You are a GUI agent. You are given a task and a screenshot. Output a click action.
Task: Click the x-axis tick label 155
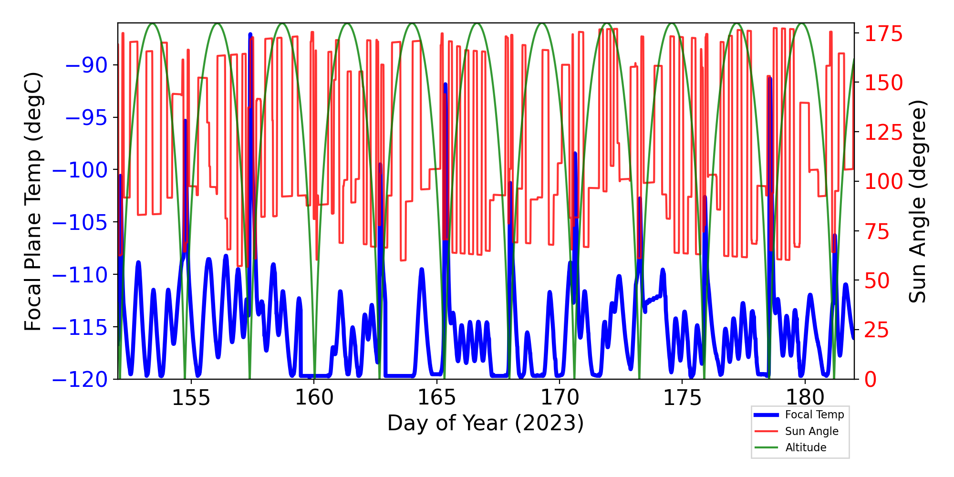[x=191, y=398]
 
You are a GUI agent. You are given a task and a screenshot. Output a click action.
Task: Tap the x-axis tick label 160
[x=313, y=398]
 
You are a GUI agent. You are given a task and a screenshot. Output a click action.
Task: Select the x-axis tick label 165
[x=436, y=398]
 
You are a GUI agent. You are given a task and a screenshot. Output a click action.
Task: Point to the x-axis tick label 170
[x=559, y=398]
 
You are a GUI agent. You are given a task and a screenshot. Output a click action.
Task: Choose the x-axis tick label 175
[x=682, y=398]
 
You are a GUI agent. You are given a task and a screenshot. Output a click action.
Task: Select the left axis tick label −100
[x=80, y=170]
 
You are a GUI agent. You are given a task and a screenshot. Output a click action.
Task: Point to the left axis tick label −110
[x=80, y=275]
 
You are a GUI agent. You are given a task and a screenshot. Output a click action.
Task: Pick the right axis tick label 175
[x=884, y=34]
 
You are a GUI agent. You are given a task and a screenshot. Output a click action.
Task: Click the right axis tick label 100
[x=884, y=182]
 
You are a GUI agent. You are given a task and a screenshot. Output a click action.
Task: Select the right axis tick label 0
[x=871, y=380]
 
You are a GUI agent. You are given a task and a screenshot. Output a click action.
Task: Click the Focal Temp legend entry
[x=814, y=415]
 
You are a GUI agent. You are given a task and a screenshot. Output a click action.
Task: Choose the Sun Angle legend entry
[x=811, y=431]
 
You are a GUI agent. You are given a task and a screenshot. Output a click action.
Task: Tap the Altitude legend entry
[x=806, y=447]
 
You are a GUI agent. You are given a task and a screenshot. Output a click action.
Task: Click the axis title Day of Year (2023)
[x=486, y=423]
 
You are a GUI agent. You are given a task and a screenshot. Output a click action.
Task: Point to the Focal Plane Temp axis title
[x=33, y=201]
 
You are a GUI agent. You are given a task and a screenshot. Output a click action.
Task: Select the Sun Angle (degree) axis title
[x=917, y=201]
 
